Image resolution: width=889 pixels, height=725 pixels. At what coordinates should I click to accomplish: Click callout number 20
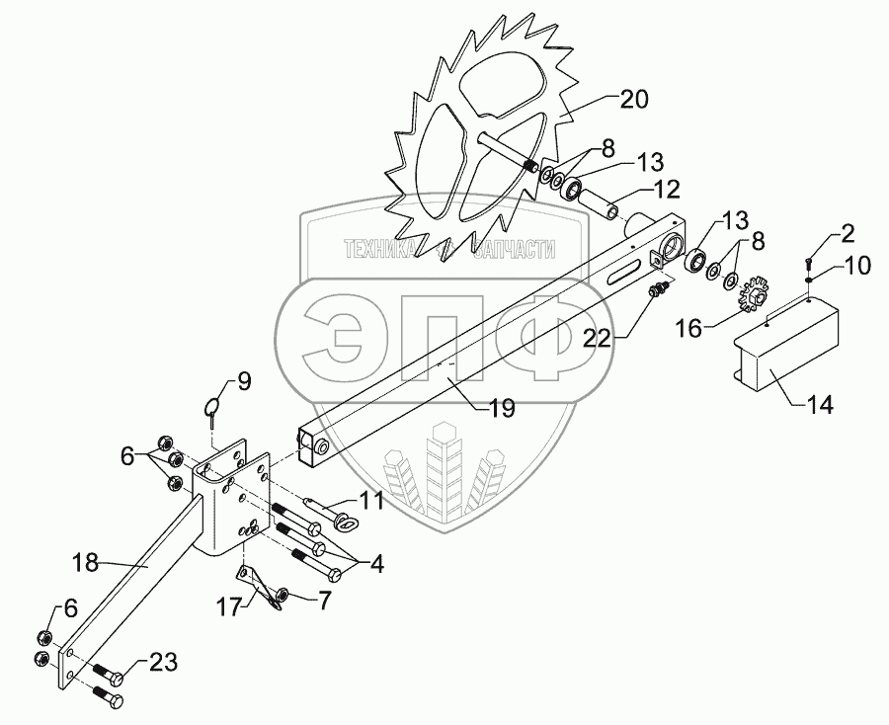[636, 99]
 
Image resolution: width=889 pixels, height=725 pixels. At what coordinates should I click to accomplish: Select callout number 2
[848, 234]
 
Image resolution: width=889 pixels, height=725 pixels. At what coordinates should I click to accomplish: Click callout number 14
[820, 404]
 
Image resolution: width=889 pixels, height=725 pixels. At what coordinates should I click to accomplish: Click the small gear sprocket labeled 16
[754, 289]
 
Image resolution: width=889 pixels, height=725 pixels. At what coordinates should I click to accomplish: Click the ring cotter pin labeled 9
[214, 405]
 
